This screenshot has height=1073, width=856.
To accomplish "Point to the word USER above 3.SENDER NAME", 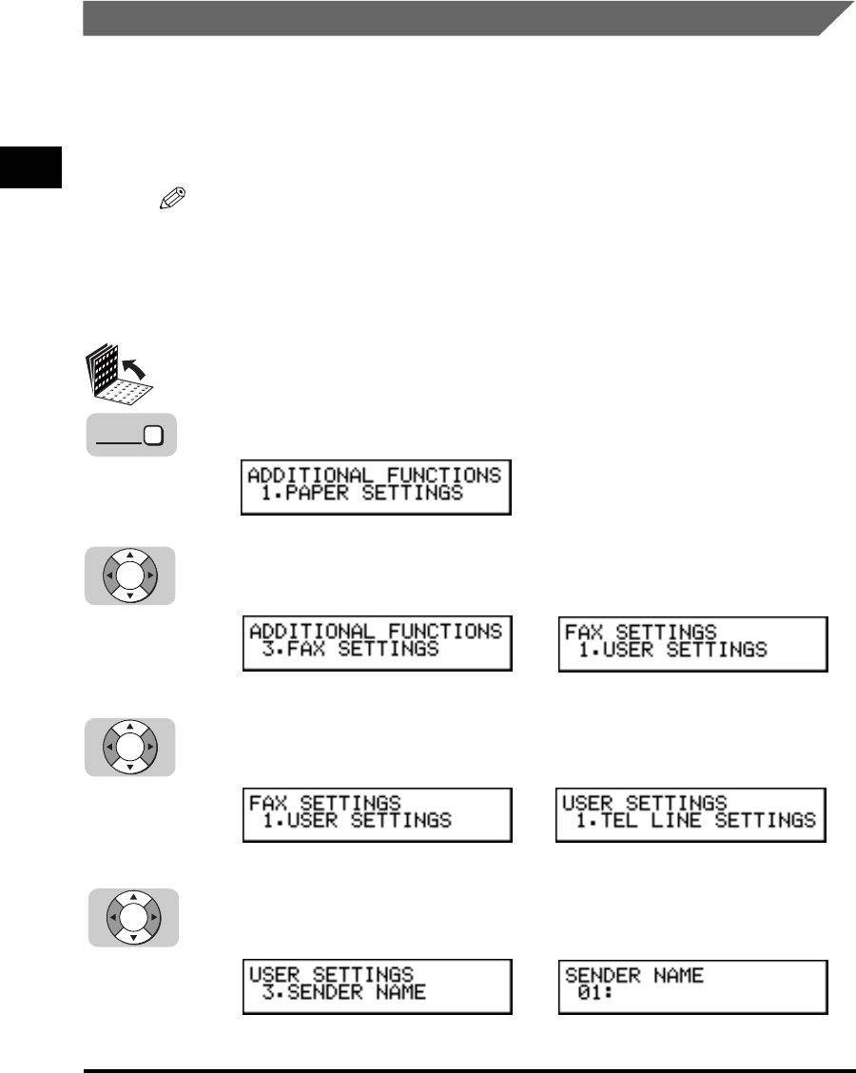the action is (274, 975).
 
